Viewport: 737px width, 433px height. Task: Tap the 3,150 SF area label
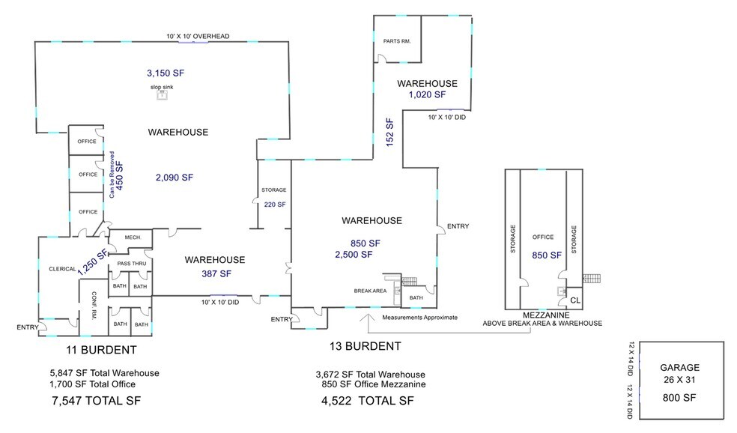(165, 73)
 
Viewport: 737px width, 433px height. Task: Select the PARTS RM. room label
(396, 41)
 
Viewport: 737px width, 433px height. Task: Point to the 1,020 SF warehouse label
(427, 95)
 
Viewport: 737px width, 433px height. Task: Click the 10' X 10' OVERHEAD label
(198, 36)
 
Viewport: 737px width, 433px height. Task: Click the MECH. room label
(133, 237)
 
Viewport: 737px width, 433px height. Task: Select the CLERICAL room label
(63, 269)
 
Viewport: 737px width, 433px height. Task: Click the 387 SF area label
(215, 274)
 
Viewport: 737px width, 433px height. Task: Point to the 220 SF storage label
(273, 204)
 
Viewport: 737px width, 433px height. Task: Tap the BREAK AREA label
(370, 291)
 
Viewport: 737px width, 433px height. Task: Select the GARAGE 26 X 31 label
(679, 373)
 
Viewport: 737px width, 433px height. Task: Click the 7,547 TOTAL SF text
(96, 400)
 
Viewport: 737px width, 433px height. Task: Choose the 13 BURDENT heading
(365, 346)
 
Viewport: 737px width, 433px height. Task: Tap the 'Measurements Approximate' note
(419, 318)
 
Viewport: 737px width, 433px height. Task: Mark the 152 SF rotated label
(389, 133)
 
